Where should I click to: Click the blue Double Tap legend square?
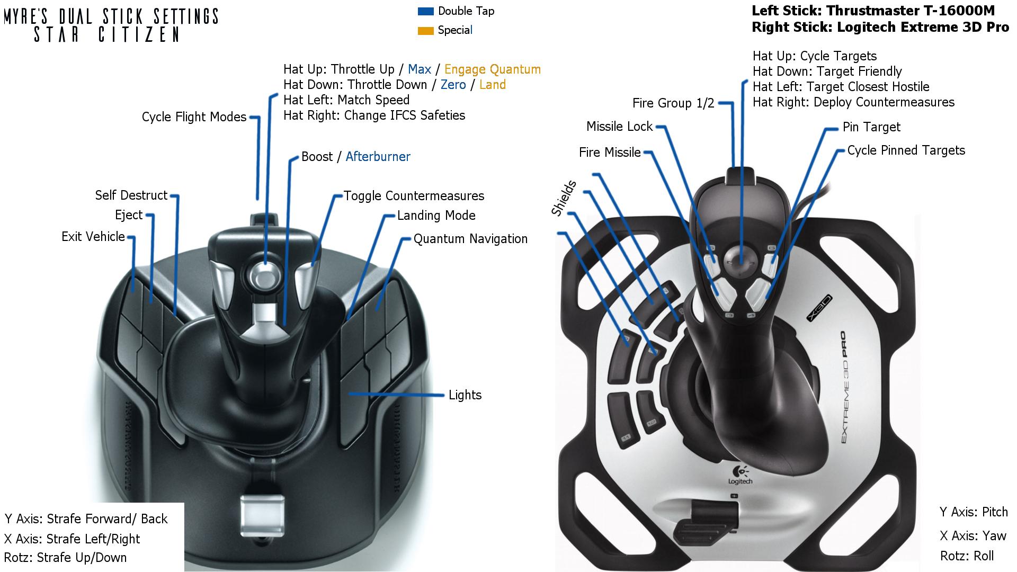(425, 11)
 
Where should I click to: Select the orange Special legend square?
(425, 31)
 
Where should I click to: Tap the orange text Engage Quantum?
(492, 69)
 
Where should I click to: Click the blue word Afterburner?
(378, 157)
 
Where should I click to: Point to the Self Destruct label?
(131, 195)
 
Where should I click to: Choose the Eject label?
(129, 215)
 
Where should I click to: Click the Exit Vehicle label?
(93, 237)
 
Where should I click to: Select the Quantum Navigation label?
(470, 239)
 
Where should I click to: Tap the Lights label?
(465, 395)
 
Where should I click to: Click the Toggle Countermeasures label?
(414, 196)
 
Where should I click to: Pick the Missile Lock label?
(619, 127)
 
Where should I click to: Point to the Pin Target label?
(871, 127)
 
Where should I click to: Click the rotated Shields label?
(564, 199)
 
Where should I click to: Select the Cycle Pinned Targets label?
(906, 150)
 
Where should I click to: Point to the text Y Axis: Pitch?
(974, 512)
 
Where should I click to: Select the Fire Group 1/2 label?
(673, 103)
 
